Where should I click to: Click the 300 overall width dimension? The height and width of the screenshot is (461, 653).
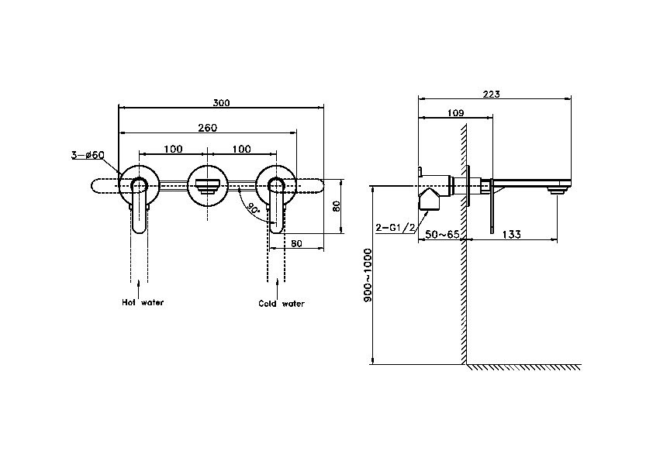tap(221, 103)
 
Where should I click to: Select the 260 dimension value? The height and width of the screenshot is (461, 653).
tap(207, 127)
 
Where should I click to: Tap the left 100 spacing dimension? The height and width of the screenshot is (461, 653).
tap(173, 149)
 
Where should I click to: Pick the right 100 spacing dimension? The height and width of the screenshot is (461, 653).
tap(241, 149)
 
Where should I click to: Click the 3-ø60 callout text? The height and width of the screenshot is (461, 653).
tap(88, 155)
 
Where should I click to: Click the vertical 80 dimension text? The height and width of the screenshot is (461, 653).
tap(337, 206)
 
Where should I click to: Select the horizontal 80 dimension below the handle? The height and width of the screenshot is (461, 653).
tap(296, 243)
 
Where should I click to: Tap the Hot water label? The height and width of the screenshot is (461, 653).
tap(143, 302)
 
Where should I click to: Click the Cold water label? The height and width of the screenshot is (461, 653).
tap(282, 303)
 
